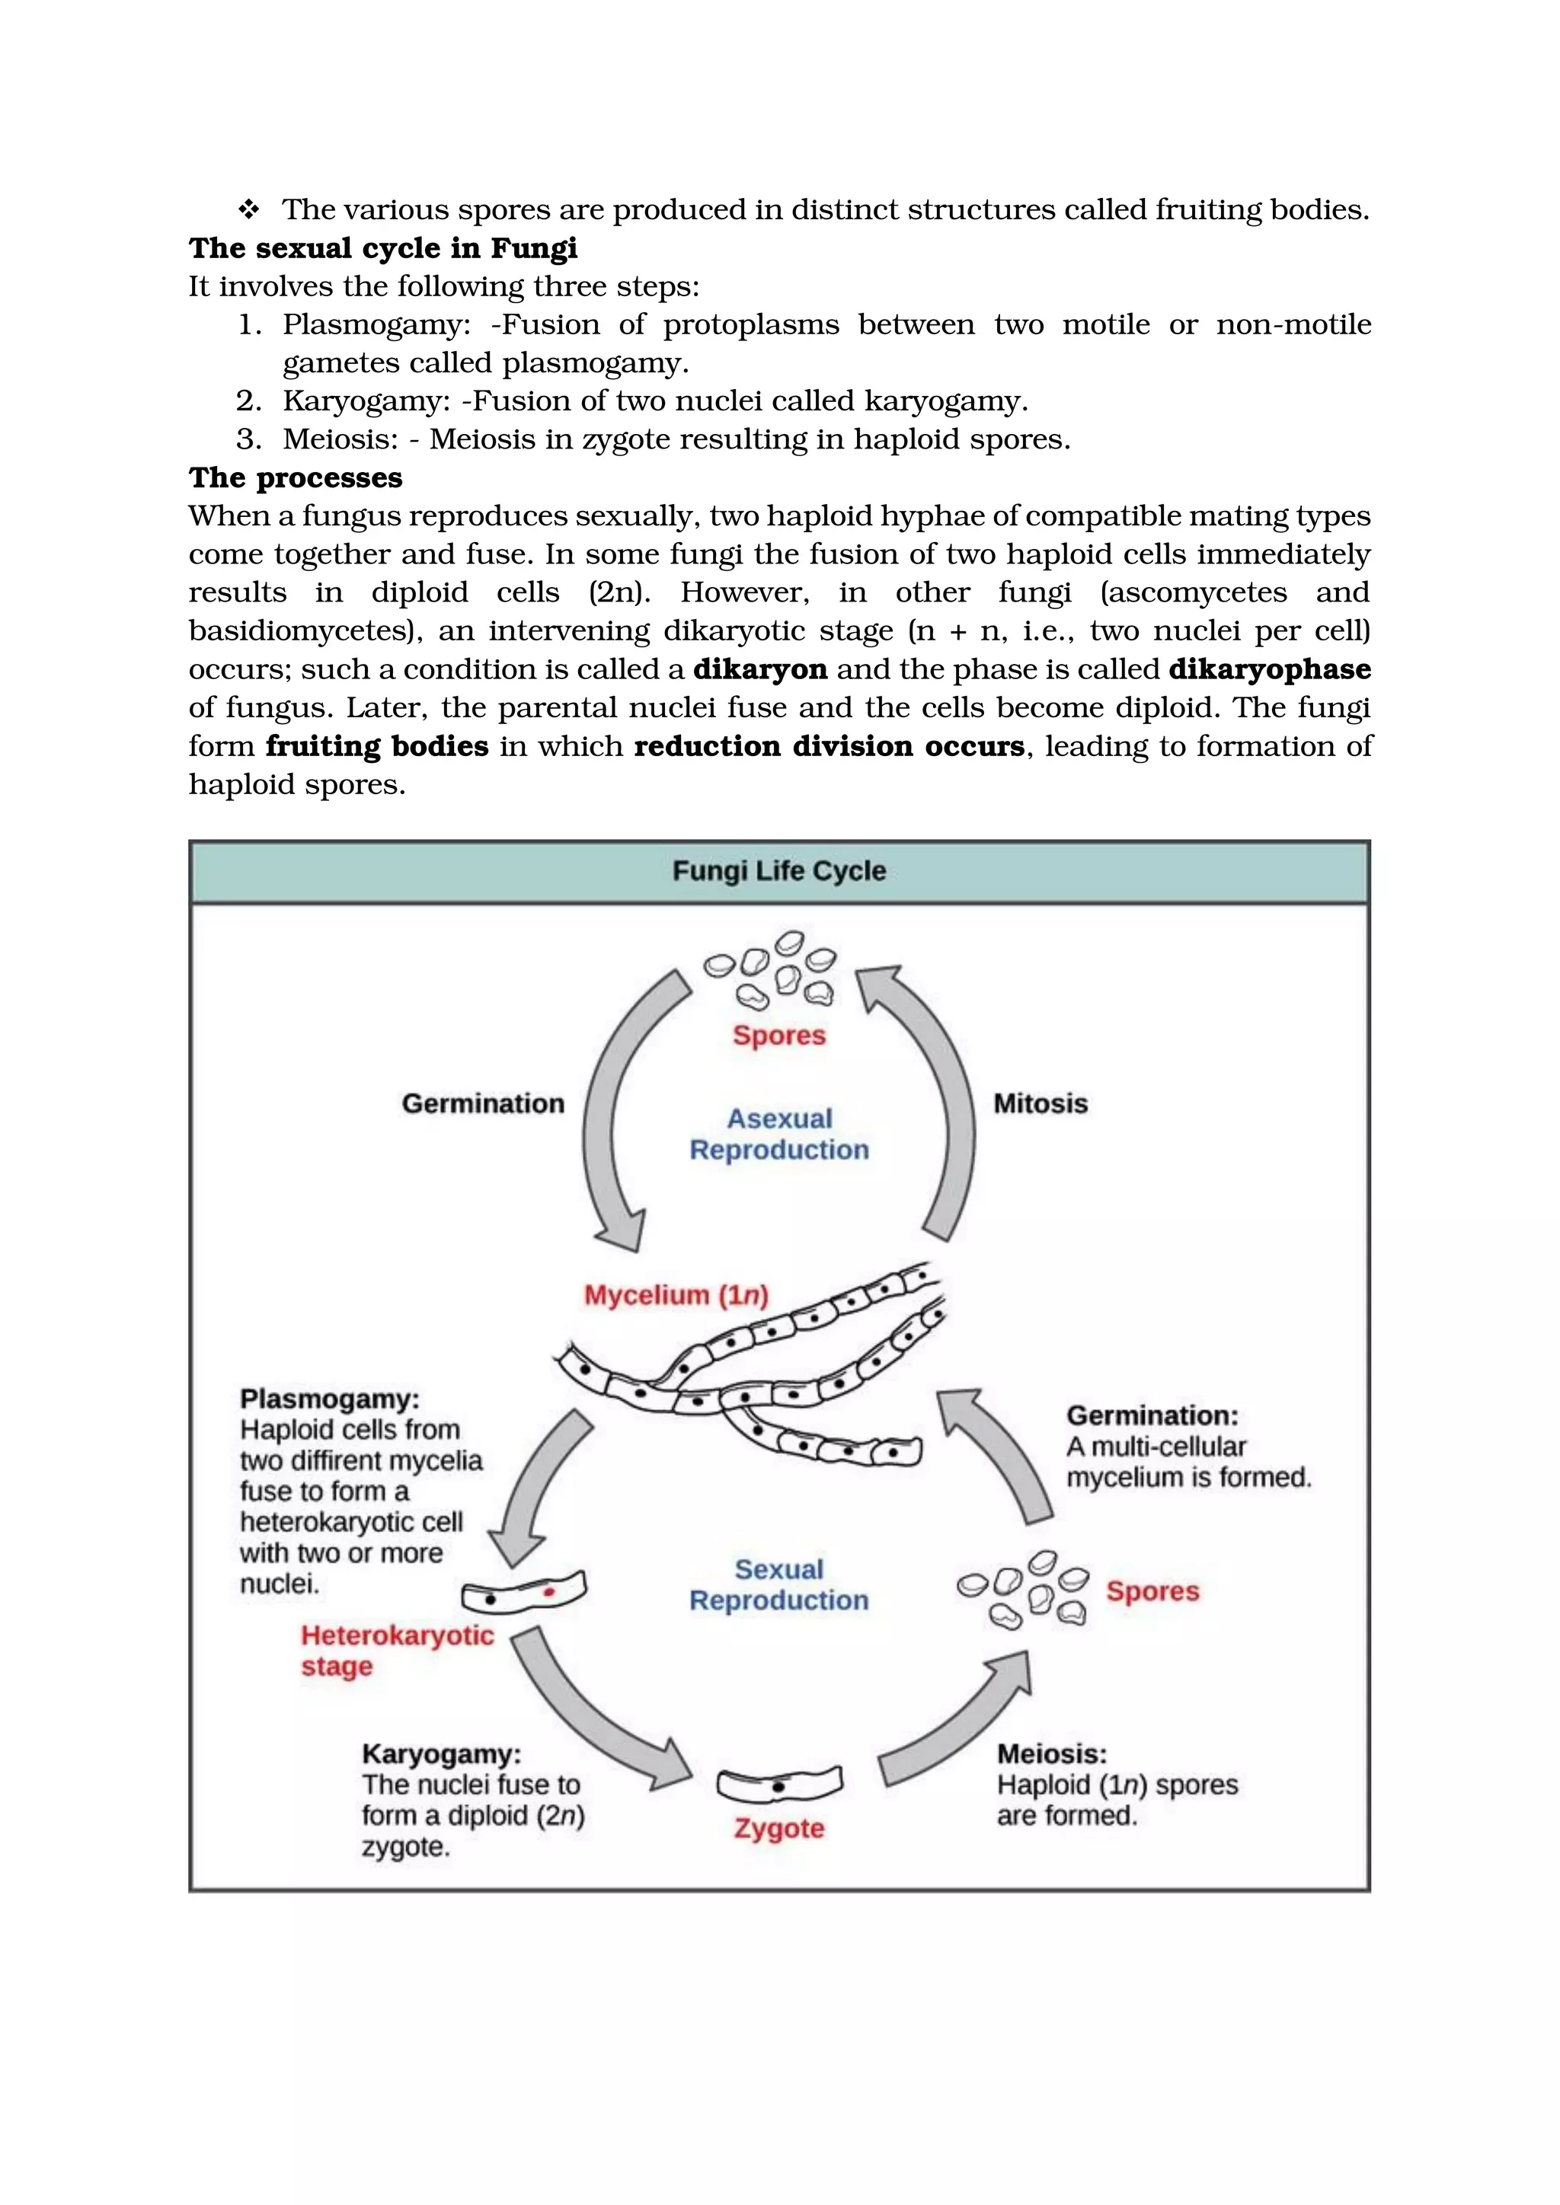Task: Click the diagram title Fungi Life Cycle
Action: (x=779, y=871)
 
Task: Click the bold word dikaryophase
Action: (x=1269, y=669)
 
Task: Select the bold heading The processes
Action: (x=295, y=477)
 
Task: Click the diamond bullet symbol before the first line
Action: (x=249, y=209)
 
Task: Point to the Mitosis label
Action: (x=1041, y=1103)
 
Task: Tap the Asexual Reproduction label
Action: (x=779, y=1134)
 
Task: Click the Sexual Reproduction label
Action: (x=779, y=1584)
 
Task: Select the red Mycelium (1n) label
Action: (x=676, y=1296)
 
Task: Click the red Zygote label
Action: (x=779, y=1829)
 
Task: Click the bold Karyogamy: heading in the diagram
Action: (x=441, y=1753)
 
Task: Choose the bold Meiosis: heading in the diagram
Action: (x=1052, y=1753)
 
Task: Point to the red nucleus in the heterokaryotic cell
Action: (x=549, y=1592)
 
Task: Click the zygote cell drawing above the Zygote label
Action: (x=779, y=1786)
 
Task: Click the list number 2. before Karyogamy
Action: (x=249, y=400)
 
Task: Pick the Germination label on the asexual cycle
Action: (x=482, y=1103)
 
